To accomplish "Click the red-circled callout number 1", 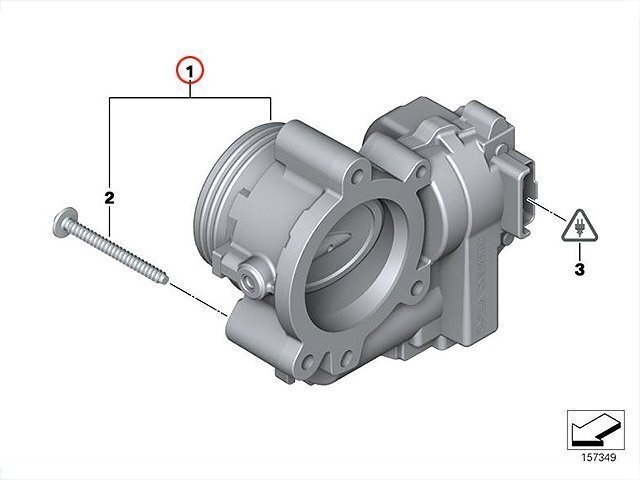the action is coord(189,72).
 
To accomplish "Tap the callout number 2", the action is coord(109,198).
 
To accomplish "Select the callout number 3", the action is coord(579,270).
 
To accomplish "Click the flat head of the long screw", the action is coord(64,221).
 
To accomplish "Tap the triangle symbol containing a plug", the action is coord(579,227).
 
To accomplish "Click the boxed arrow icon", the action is coord(596,430).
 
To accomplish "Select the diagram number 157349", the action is coord(599,457).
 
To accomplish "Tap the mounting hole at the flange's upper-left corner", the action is coord(358,176).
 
